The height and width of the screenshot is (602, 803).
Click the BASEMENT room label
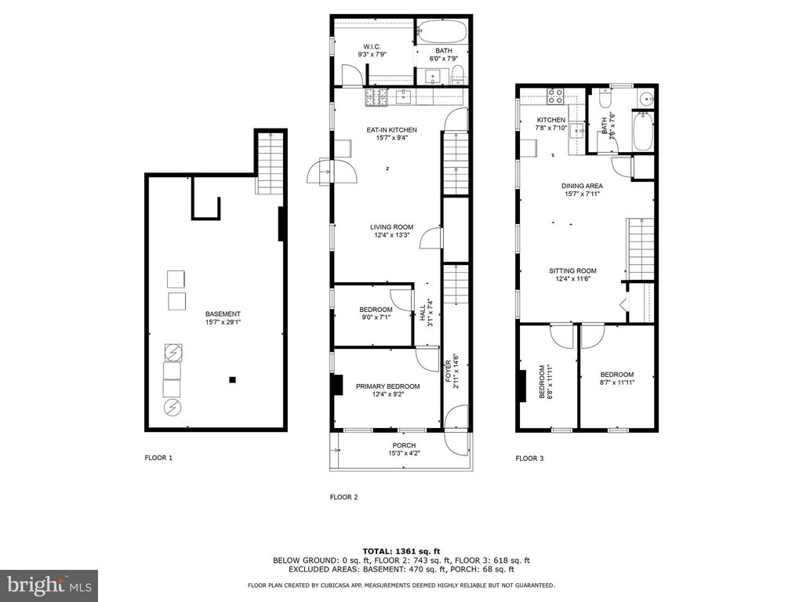click(x=223, y=314)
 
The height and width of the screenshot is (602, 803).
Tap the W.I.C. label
click(x=372, y=46)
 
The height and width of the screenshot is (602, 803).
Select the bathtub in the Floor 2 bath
click(x=442, y=31)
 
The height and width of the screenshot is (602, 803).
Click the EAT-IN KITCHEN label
click(x=391, y=130)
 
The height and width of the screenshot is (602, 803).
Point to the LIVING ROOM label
click(x=391, y=227)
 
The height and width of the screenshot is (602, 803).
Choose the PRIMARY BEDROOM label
click(x=387, y=386)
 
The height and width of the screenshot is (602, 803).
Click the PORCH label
click(x=404, y=445)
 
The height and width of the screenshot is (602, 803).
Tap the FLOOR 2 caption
click(x=343, y=497)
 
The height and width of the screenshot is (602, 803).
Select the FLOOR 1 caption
click(x=158, y=458)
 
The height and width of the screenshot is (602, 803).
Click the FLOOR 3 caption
click(x=529, y=458)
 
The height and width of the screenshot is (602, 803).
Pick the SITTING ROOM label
click(x=572, y=270)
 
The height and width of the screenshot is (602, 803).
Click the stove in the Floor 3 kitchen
click(x=556, y=96)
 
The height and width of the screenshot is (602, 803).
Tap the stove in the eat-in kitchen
click(x=376, y=98)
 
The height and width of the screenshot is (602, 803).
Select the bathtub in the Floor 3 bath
click(x=643, y=132)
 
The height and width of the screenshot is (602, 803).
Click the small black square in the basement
click(x=232, y=380)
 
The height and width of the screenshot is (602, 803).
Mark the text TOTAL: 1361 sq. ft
click(x=401, y=551)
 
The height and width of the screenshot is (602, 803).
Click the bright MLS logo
click(x=49, y=585)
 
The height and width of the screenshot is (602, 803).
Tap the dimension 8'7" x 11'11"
click(x=616, y=382)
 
